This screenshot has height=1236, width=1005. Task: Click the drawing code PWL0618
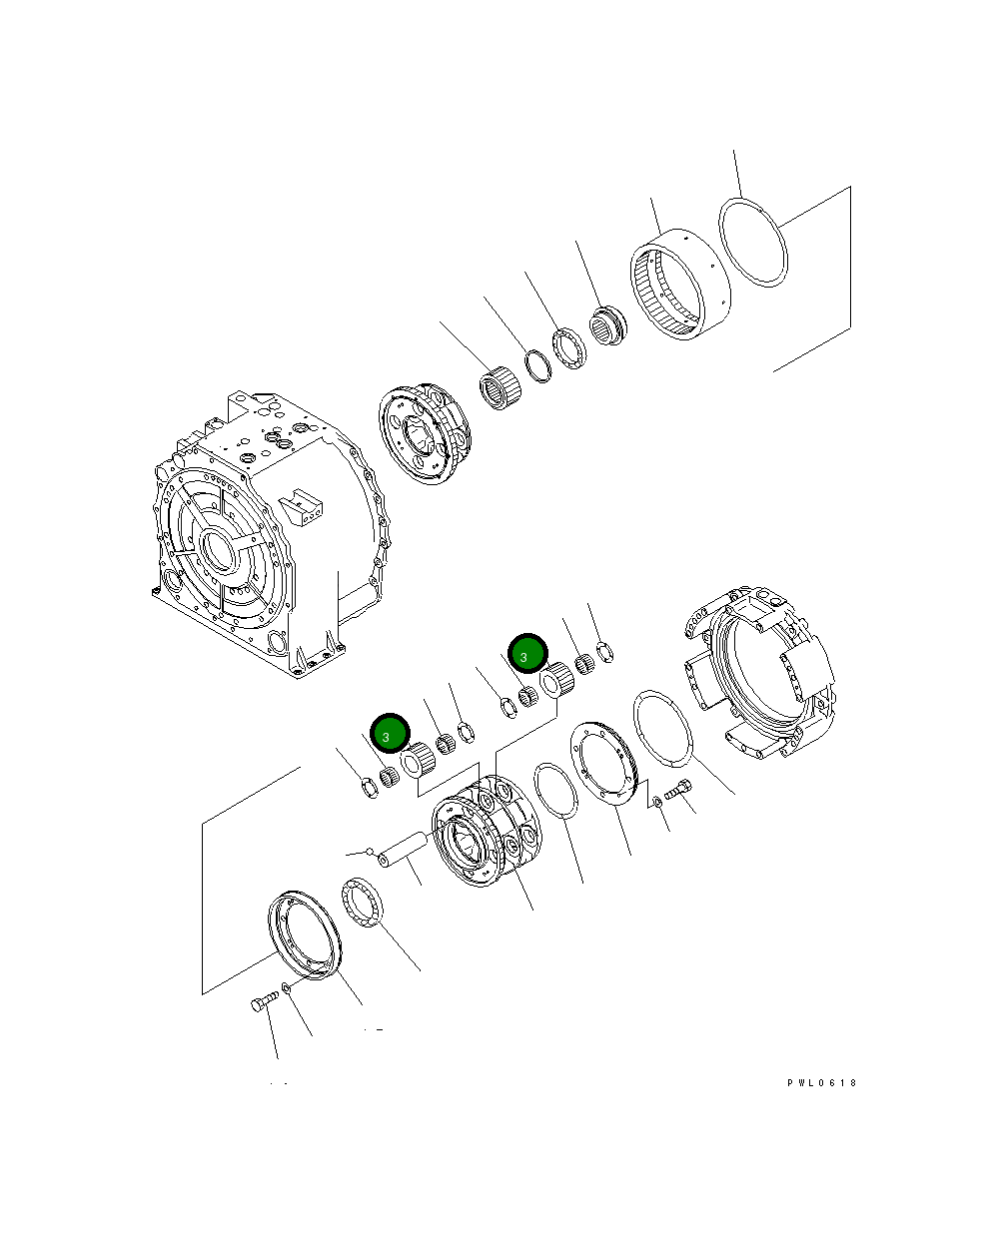[821, 1083]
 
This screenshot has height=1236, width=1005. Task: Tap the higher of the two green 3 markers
[527, 653]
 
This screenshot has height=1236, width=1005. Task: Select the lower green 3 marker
[390, 734]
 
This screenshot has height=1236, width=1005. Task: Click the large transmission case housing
[270, 534]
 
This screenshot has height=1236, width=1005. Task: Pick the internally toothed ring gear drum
[680, 285]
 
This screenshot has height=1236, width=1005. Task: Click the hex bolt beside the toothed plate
[678, 789]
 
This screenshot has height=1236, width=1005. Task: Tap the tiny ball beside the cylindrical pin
[370, 852]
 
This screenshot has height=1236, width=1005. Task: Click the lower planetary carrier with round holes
[487, 832]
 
